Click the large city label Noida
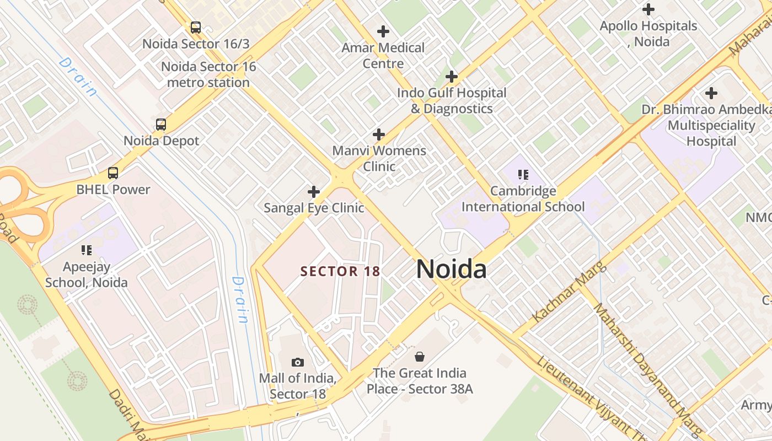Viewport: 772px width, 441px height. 451,269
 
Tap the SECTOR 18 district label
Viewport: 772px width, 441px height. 340,271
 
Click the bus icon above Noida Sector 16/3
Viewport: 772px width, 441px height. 195,27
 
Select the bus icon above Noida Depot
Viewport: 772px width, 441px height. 161,124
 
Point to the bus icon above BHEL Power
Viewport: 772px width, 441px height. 113,173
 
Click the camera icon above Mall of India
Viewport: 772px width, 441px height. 298,362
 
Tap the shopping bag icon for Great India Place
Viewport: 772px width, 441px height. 420,357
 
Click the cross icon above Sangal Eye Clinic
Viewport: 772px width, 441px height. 314,192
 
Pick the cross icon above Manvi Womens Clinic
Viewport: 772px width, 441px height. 379,134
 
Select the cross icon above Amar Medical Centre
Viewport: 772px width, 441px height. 383,31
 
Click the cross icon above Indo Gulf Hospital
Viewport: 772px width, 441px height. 452,77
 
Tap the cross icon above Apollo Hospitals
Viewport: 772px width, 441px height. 648,9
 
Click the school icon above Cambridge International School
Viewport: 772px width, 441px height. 523,175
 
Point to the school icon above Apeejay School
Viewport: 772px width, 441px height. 87,250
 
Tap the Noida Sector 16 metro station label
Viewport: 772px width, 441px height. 208,74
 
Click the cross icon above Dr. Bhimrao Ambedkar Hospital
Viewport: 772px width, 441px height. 711,93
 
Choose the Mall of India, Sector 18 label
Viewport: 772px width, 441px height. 298,386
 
